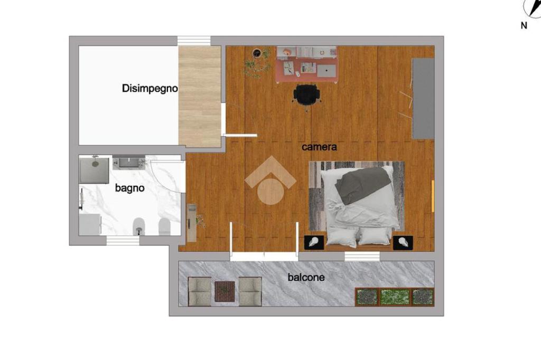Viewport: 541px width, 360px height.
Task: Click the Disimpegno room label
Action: pyautogui.click(x=150, y=89)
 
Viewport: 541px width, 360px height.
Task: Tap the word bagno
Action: pyautogui.click(x=129, y=188)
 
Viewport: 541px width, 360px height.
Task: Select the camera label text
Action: pyautogui.click(x=319, y=147)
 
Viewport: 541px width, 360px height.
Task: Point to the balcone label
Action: pyautogui.click(x=306, y=277)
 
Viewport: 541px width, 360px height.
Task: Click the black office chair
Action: pyautogui.click(x=306, y=94)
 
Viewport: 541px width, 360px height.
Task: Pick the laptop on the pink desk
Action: pyautogui.click(x=327, y=71)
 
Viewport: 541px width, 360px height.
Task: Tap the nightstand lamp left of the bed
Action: pyautogui.click(x=314, y=242)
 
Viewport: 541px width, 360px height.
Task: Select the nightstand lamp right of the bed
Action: pyautogui.click(x=403, y=243)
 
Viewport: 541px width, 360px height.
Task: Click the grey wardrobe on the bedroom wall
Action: pyautogui.click(x=423, y=99)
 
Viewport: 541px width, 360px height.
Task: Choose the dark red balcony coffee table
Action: pyautogui.click(x=225, y=292)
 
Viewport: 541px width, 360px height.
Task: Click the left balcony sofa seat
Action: pyautogui.click(x=199, y=292)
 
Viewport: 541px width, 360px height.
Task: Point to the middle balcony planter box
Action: pyautogui.click(x=395, y=297)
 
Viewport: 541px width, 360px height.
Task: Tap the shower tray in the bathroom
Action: pyautogui.click(x=95, y=170)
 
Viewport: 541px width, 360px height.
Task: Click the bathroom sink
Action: pyautogui.click(x=129, y=162)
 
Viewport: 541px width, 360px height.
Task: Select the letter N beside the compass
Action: pyautogui.click(x=524, y=25)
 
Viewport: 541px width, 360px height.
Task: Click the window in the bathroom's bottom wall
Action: pyautogui.click(x=123, y=241)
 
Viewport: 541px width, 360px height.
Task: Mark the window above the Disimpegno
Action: pyautogui.click(x=194, y=41)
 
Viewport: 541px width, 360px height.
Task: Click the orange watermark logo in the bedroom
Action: pyautogui.click(x=271, y=181)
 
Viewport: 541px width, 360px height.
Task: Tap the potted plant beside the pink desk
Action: pyautogui.click(x=257, y=62)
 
